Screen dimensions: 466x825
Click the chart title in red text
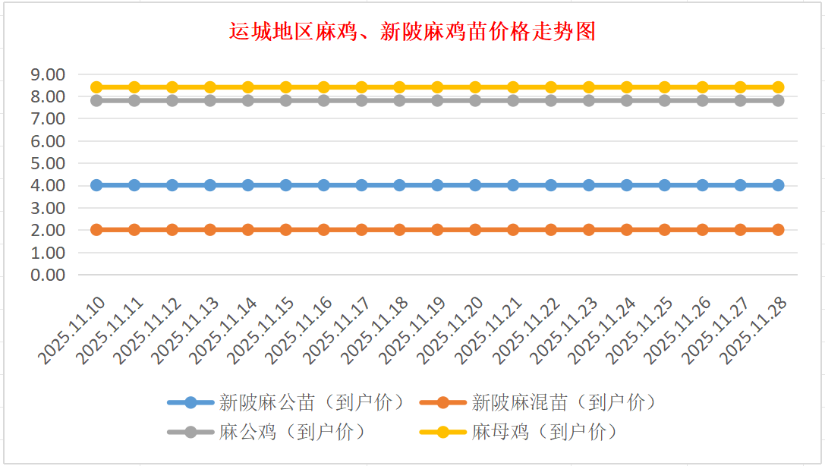click(x=412, y=31)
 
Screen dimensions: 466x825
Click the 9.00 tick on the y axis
click(x=47, y=74)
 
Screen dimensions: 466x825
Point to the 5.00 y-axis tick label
click(x=47, y=163)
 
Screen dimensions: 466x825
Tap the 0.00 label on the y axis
click(x=47, y=275)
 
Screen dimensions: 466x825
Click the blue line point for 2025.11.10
click(x=96, y=185)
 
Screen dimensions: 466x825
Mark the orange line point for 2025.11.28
click(x=778, y=230)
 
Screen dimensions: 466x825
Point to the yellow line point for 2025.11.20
click(x=475, y=87)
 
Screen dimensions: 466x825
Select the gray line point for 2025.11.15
click(x=286, y=100)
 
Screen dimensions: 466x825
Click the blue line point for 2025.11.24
click(x=627, y=185)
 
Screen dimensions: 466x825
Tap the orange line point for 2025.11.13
click(x=210, y=230)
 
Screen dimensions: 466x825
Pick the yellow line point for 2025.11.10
click(x=96, y=87)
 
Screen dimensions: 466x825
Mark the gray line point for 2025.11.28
click(x=778, y=100)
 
